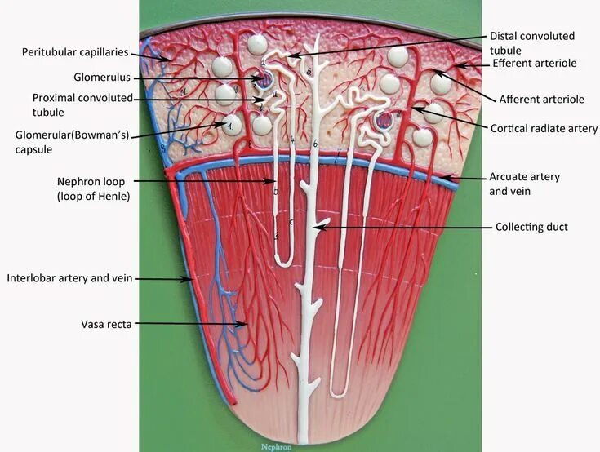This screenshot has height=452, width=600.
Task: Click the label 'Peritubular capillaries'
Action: [x=75, y=52]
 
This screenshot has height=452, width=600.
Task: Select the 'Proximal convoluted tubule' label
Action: [x=82, y=104]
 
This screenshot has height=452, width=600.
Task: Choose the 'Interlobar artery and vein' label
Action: [x=69, y=278]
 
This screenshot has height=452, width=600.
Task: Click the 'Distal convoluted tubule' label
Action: [x=531, y=42]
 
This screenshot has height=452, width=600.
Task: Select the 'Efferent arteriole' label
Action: [x=535, y=63]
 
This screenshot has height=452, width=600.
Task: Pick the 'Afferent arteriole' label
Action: [x=541, y=100]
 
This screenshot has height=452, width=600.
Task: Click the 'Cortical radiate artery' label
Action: [x=544, y=129]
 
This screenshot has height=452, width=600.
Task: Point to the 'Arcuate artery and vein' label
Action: [x=524, y=184]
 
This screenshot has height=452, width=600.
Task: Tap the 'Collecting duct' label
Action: [x=531, y=227]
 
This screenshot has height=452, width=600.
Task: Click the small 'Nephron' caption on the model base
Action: [x=276, y=446]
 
